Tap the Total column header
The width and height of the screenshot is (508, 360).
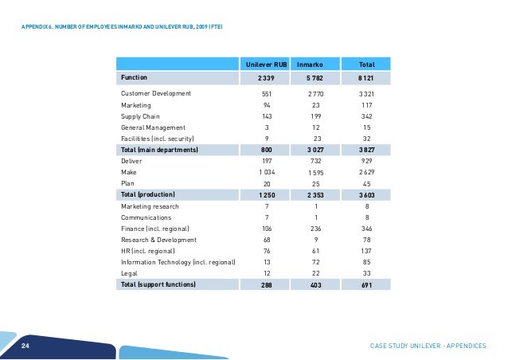click(x=367, y=63)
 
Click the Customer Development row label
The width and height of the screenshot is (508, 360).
click(x=155, y=94)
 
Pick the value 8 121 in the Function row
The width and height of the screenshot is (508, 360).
click(x=367, y=78)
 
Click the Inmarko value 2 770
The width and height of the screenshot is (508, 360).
click(x=315, y=94)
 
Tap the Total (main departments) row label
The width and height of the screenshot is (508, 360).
click(x=158, y=149)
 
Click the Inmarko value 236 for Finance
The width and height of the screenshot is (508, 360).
click(x=315, y=227)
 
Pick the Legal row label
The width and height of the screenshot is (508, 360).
click(x=129, y=272)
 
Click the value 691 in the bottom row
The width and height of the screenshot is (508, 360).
click(x=367, y=283)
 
